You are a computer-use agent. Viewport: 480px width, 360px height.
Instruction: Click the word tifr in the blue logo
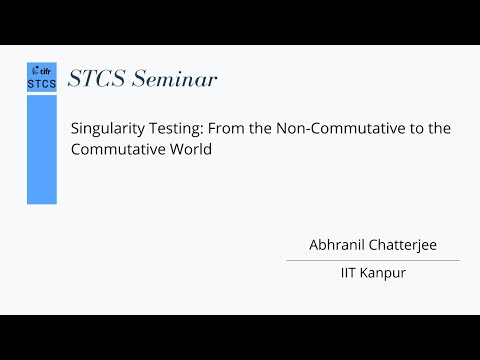(45, 72)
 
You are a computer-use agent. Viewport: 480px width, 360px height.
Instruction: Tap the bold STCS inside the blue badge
(42, 84)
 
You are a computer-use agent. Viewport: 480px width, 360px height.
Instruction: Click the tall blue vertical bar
(41, 150)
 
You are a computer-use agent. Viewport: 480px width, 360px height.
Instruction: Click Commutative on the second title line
(112, 150)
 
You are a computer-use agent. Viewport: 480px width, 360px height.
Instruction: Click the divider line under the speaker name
(372, 260)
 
